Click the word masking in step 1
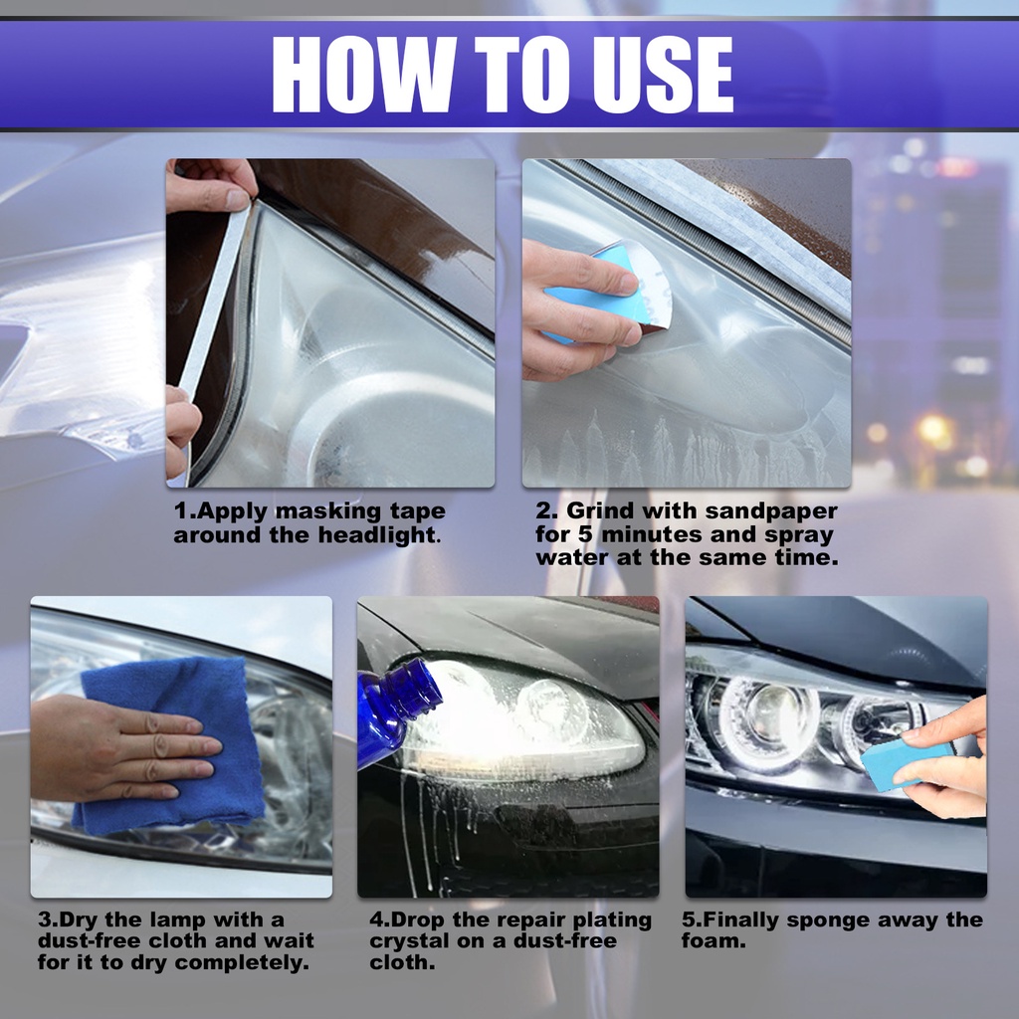click(x=323, y=512)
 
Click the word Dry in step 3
click(x=77, y=920)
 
